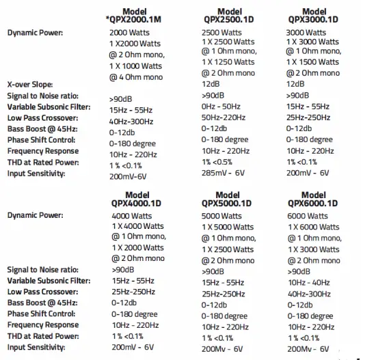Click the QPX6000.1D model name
pos(313,203)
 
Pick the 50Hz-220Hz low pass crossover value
pos(224,117)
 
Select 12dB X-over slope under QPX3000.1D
pos(295,84)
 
